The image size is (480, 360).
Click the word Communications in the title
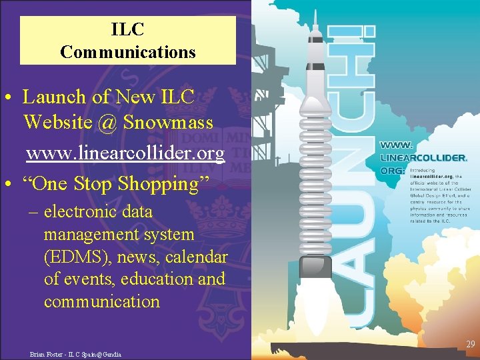coord(128,52)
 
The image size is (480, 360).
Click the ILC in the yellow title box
coord(128,30)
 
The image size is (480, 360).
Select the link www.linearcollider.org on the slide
coord(125,154)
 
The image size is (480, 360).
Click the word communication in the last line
coord(102,302)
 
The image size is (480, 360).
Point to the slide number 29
coord(471,344)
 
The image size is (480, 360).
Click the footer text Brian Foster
coord(47,354)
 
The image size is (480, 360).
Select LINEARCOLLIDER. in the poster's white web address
coord(424,159)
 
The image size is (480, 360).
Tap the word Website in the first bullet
coord(55,123)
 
